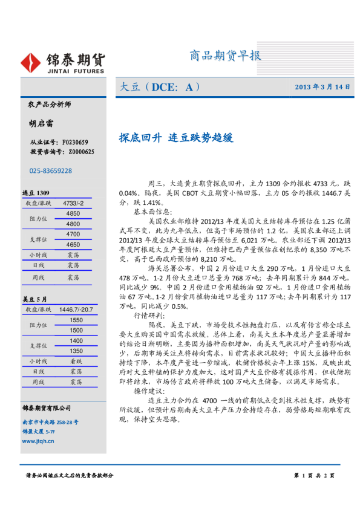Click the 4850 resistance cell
[x=73, y=214]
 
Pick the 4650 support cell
[x=73, y=245]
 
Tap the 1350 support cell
[x=76, y=351]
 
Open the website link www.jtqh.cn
[x=38, y=441]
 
